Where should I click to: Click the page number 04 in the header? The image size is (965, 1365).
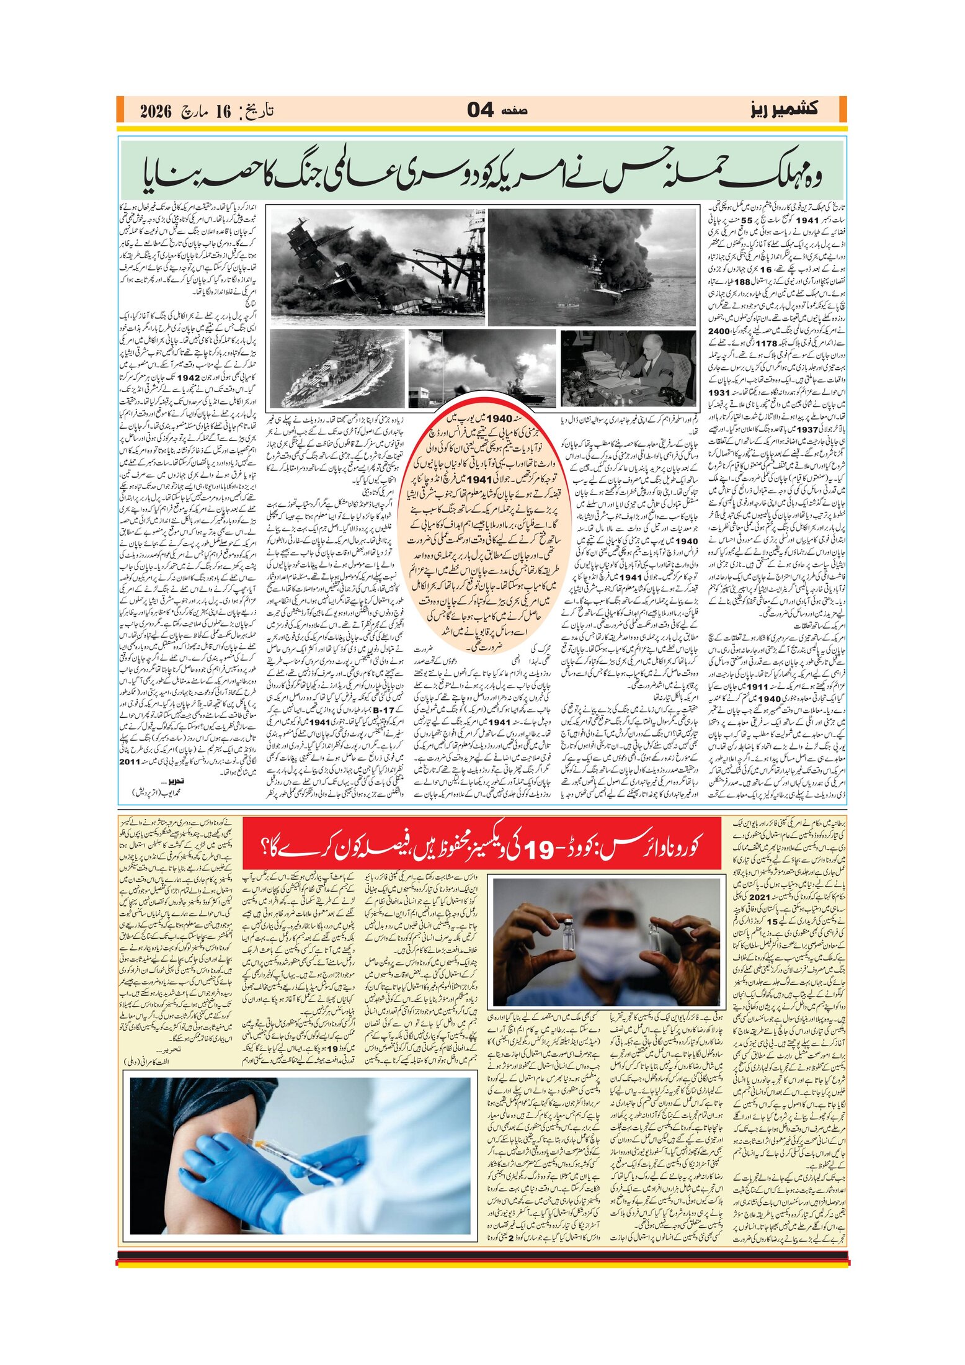tap(480, 110)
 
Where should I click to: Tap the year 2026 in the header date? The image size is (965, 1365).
tap(154, 112)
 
